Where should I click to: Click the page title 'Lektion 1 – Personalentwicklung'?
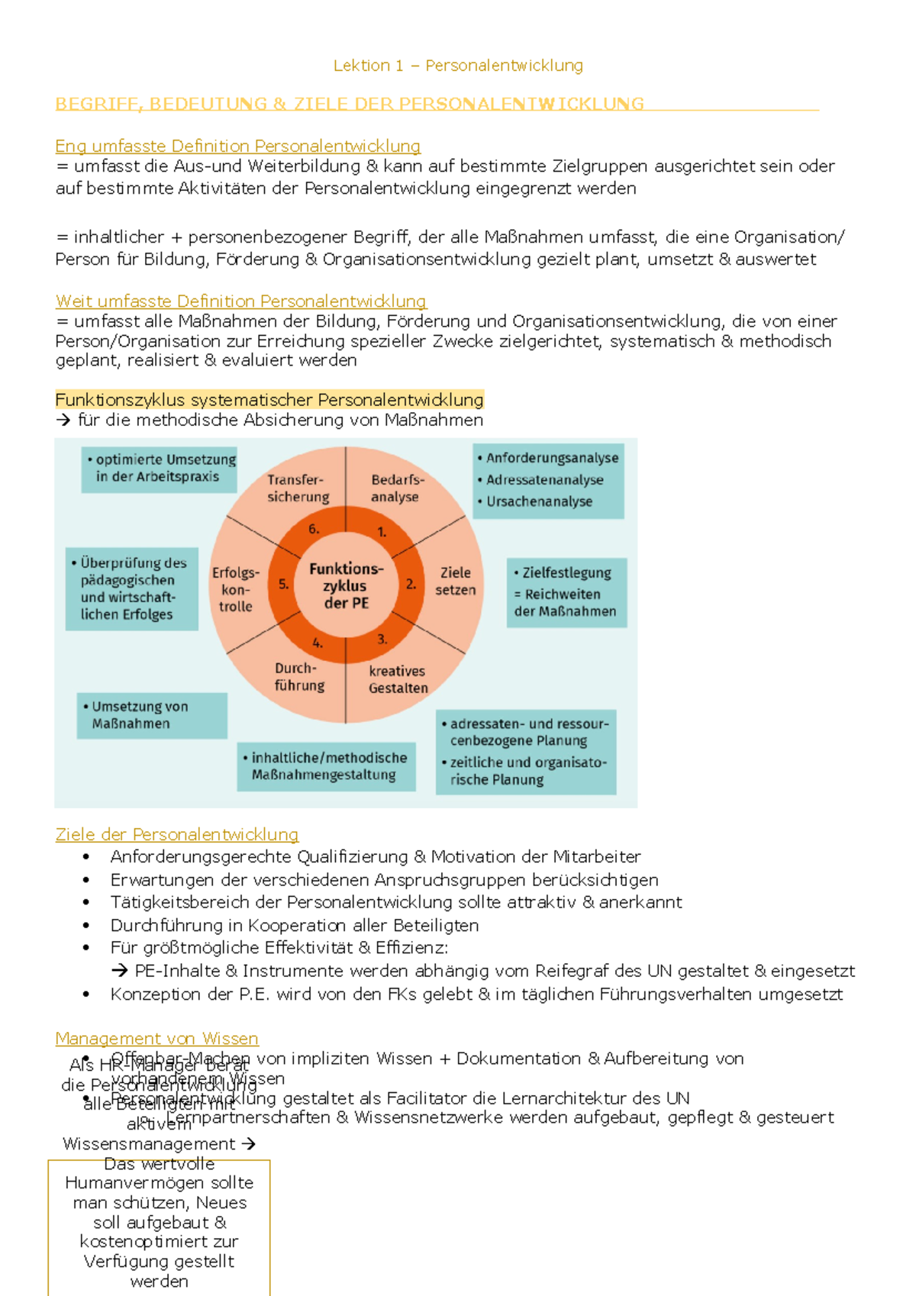click(x=458, y=66)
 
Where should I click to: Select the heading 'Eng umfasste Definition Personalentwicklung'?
click(x=237, y=146)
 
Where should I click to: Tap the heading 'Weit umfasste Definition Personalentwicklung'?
click(x=240, y=301)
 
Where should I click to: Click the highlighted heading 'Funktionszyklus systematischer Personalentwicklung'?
click(x=269, y=400)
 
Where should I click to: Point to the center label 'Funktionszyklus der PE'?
click(x=346, y=585)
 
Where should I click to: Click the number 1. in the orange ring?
click(x=382, y=532)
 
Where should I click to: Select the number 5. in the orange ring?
click(x=283, y=584)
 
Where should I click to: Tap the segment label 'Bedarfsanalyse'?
click(x=396, y=488)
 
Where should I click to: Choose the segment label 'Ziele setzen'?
click(x=455, y=581)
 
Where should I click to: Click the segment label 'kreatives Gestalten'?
click(x=398, y=679)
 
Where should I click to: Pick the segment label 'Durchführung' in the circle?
click(x=298, y=677)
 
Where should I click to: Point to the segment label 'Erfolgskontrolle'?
click(x=235, y=589)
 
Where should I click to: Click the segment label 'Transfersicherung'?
click(x=298, y=488)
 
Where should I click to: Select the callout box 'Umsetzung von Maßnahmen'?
click(x=152, y=715)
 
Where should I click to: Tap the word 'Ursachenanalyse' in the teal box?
click(x=539, y=501)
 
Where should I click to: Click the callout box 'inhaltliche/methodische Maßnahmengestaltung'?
click(x=326, y=766)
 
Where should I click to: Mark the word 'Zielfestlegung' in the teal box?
click(x=566, y=572)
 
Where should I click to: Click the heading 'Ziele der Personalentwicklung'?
click(x=176, y=835)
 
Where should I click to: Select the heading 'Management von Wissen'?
click(x=156, y=1039)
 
